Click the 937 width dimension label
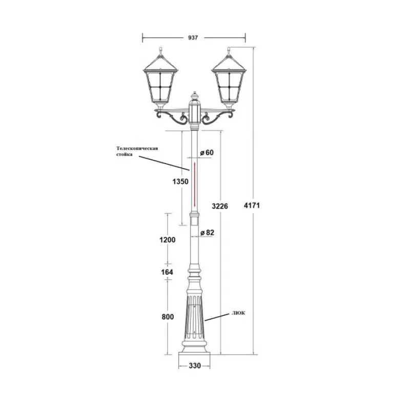(x=193, y=37)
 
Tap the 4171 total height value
(x=252, y=206)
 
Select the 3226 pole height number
(x=220, y=207)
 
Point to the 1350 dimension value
(x=180, y=181)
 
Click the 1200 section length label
(x=168, y=240)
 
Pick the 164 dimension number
(x=167, y=272)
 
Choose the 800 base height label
(x=168, y=317)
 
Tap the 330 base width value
(x=195, y=365)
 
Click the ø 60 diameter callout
(x=207, y=152)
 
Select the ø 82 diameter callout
(x=207, y=233)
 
